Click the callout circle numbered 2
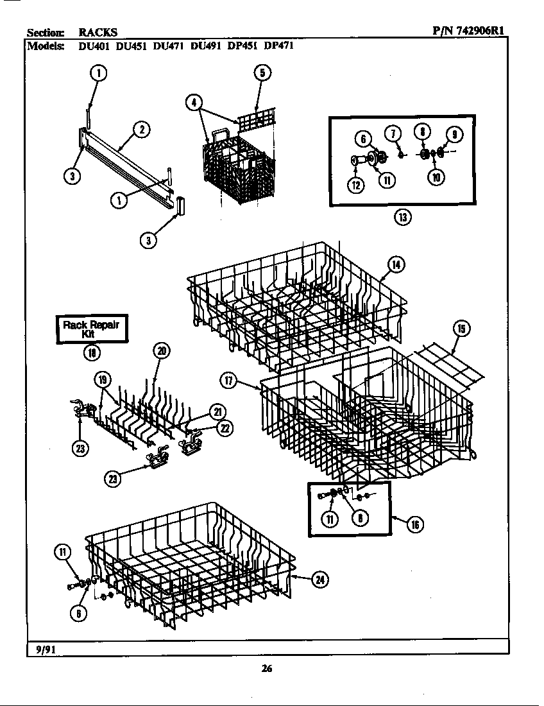[141, 129]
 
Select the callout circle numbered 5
[262, 73]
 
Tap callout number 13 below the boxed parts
[402, 217]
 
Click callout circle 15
[461, 329]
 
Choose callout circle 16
[415, 524]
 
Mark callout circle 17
[228, 380]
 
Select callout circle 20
[160, 350]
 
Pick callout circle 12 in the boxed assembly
[355, 185]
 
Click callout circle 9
[454, 134]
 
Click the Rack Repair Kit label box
[91, 329]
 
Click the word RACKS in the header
[98, 31]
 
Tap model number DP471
[279, 46]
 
